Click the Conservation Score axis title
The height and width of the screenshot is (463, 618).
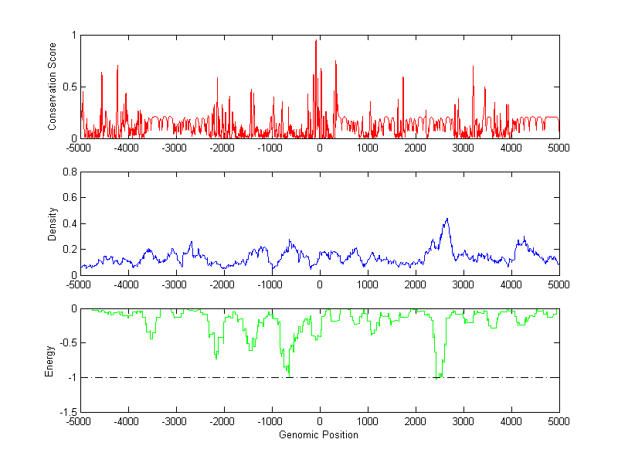click(x=53, y=87)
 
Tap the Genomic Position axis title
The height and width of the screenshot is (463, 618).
click(x=319, y=434)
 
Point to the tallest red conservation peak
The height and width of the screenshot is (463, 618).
click(x=316, y=41)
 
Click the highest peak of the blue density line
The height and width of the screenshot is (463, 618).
click(x=447, y=219)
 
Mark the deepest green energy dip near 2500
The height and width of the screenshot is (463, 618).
click(x=436, y=378)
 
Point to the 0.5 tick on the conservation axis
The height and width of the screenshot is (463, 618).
click(x=70, y=87)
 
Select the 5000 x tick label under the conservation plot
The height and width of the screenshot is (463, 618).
click(x=559, y=147)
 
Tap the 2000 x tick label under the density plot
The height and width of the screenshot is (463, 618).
click(x=416, y=284)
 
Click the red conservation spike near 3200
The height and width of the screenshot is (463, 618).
click(x=474, y=67)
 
